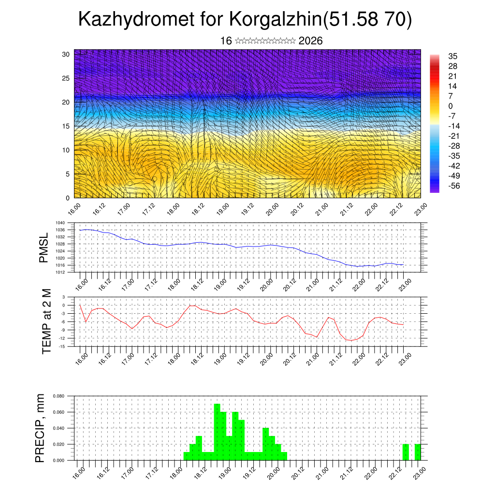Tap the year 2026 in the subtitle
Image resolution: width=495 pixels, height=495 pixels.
[x=310, y=41]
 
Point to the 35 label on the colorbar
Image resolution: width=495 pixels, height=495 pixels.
[x=453, y=56]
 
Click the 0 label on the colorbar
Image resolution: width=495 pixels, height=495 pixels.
[x=451, y=106]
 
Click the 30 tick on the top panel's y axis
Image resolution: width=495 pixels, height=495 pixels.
[x=66, y=54]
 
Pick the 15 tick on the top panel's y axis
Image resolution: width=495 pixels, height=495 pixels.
[x=66, y=126]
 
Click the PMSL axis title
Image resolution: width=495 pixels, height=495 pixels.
[x=44, y=247]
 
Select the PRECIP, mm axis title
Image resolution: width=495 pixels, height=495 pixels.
[x=41, y=428]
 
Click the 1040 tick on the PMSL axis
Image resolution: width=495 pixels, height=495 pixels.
[x=60, y=223]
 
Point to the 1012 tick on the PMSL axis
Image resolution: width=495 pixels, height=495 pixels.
[x=60, y=272]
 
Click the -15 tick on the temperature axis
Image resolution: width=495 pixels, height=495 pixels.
[x=61, y=346]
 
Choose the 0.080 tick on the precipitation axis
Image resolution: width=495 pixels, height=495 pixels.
[x=58, y=396]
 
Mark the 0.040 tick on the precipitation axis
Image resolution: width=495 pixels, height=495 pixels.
[x=58, y=428]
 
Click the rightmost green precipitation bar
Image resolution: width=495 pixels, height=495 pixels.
[x=418, y=452]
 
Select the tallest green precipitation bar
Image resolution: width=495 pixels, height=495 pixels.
[x=217, y=432]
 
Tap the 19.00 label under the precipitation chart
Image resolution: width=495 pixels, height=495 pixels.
[x=224, y=472]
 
